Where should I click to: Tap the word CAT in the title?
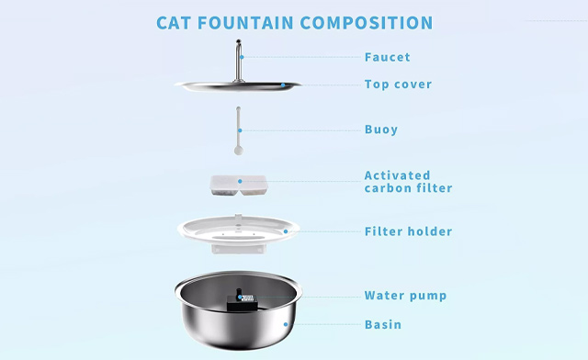click(x=174, y=22)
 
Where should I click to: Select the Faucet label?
click(x=387, y=57)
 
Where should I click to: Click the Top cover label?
click(x=398, y=84)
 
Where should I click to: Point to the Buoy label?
click(x=381, y=129)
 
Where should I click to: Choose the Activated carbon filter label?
click(x=408, y=182)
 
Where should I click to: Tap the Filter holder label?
click(x=408, y=231)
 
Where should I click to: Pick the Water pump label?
click(x=406, y=296)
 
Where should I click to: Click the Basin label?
click(x=383, y=324)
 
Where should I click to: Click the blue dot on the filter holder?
click(x=286, y=231)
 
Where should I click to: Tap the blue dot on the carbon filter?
click(x=242, y=182)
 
